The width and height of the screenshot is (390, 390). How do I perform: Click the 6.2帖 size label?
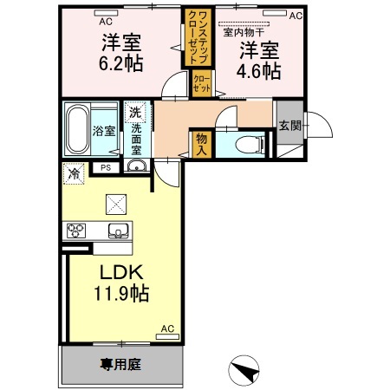point(120,63)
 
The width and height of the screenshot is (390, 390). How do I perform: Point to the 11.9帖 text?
point(120,294)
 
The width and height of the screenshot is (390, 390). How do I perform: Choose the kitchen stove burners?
point(75,231)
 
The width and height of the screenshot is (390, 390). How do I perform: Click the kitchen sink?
point(117,231)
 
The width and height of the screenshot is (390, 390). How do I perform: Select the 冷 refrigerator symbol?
point(74,172)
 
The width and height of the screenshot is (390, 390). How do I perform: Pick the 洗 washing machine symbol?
point(135,112)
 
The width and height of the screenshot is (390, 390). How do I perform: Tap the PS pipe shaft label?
point(106,168)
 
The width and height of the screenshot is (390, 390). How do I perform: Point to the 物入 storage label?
point(201,143)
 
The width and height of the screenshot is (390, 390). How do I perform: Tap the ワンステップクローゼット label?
point(192,37)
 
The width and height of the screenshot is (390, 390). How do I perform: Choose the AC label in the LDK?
point(168,328)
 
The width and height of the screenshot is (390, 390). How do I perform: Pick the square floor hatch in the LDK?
point(116,203)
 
